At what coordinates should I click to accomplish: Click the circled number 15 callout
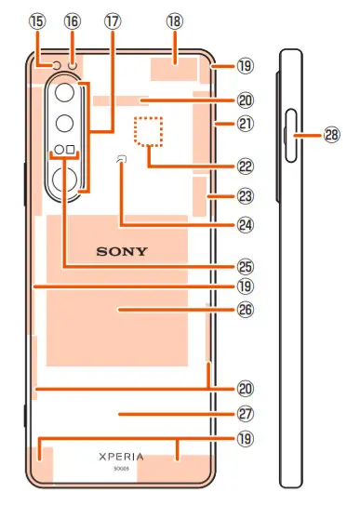[x=37, y=19]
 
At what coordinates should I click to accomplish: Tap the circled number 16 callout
[x=72, y=19]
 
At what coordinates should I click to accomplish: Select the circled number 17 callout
[x=113, y=19]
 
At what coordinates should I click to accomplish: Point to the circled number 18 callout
[x=174, y=19]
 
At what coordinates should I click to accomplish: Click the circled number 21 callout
[x=245, y=124]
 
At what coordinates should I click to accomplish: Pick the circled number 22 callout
[x=245, y=167]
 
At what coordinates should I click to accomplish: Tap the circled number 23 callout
[x=245, y=196]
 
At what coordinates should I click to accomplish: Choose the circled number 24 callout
[x=245, y=224]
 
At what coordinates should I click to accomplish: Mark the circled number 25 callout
[x=245, y=265]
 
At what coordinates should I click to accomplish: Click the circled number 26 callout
[x=245, y=309]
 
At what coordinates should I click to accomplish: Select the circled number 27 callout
[x=245, y=413]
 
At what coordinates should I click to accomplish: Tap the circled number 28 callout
[x=332, y=135]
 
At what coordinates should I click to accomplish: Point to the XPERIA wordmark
[x=121, y=457]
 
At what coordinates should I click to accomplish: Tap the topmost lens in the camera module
[x=65, y=94]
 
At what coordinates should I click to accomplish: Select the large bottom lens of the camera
[x=66, y=180]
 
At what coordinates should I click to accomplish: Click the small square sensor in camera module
[x=72, y=150]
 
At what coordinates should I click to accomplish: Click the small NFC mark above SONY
[x=122, y=162]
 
